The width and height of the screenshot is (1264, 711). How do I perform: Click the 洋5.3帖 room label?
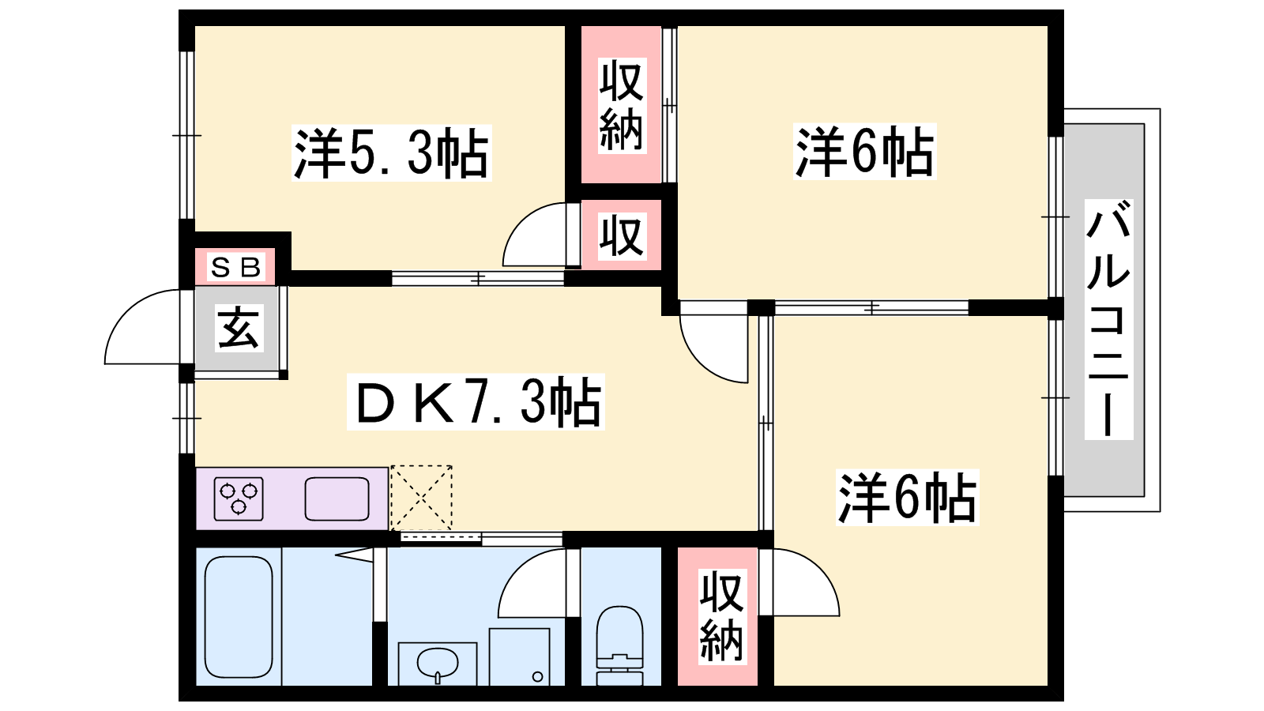click(x=391, y=153)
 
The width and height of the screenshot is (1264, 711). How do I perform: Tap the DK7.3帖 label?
click(x=476, y=402)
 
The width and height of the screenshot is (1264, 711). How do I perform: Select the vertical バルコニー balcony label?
click(x=1108, y=319)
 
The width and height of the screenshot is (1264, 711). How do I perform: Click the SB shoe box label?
click(x=235, y=267)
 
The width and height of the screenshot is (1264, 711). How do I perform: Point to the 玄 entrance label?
click(x=239, y=328)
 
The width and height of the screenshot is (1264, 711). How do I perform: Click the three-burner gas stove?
click(x=239, y=498)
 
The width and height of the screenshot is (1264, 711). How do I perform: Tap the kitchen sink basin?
click(x=337, y=498)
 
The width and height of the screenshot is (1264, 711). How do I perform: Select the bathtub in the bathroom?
click(x=238, y=617)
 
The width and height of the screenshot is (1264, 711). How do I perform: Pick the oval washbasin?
click(x=438, y=663)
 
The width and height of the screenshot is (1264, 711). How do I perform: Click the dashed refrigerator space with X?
click(x=421, y=498)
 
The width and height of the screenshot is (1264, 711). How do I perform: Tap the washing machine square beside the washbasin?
click(x=519, y=656)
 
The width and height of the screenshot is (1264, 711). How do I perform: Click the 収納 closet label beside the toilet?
click(x=721, y=616)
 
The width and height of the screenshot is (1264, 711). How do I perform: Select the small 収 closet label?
click(x=621, y=236)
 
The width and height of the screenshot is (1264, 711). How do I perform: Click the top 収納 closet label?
click(x=621, y=106)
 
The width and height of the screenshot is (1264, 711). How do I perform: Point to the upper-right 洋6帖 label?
click(x=864, y=152)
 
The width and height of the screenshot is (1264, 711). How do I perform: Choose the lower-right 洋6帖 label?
click(x=908, y=498)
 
